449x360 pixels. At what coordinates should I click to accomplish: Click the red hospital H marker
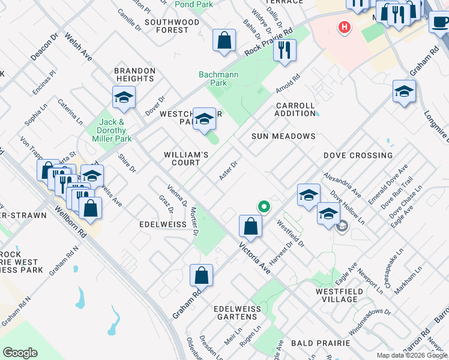tap(344, 27)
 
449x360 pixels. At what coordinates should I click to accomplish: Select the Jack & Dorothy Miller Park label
tap(115, 130)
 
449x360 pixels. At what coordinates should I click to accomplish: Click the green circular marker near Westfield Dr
tap(264, 208)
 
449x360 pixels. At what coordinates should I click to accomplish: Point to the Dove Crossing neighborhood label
tap(358, 155)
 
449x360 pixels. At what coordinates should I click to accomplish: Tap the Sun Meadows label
tap(283, 136)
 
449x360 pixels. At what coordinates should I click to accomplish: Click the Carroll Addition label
tap(295, 109)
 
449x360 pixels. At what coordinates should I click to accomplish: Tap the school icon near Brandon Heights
tap(124, 97)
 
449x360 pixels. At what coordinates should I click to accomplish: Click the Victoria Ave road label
tap(255, 259)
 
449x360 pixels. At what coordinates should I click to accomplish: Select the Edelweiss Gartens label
tap(236, 313)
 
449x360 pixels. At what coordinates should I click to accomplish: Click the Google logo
tap(20, 353)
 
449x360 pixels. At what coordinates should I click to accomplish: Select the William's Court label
tap(186, 158)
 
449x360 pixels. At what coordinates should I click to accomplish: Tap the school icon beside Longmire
tap(404, 92)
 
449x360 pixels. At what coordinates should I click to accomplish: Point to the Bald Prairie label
tap(320, 343)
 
